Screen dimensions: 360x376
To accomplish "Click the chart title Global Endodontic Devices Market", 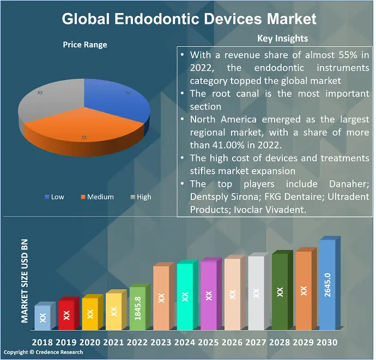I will [189, 19].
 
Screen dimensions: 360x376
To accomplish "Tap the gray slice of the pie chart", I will [44, 103].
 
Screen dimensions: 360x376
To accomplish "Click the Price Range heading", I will [84, 45].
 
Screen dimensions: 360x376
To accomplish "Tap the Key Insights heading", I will [282, 38].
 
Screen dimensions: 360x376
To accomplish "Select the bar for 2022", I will [138, 309].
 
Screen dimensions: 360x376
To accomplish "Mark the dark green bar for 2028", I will [280, 292].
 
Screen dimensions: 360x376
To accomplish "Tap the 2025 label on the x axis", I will [209, 343].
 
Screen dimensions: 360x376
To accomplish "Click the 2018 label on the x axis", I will [43, 343].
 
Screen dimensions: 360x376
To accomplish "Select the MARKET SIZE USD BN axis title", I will [25, 281].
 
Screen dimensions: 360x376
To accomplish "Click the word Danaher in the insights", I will [347, 184].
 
